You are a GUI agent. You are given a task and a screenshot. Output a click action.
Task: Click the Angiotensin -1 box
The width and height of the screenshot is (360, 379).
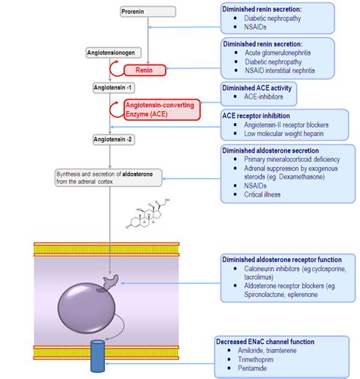point(113,88)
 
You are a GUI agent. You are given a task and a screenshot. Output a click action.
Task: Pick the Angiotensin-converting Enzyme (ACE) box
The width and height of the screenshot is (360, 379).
point(155,109)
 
